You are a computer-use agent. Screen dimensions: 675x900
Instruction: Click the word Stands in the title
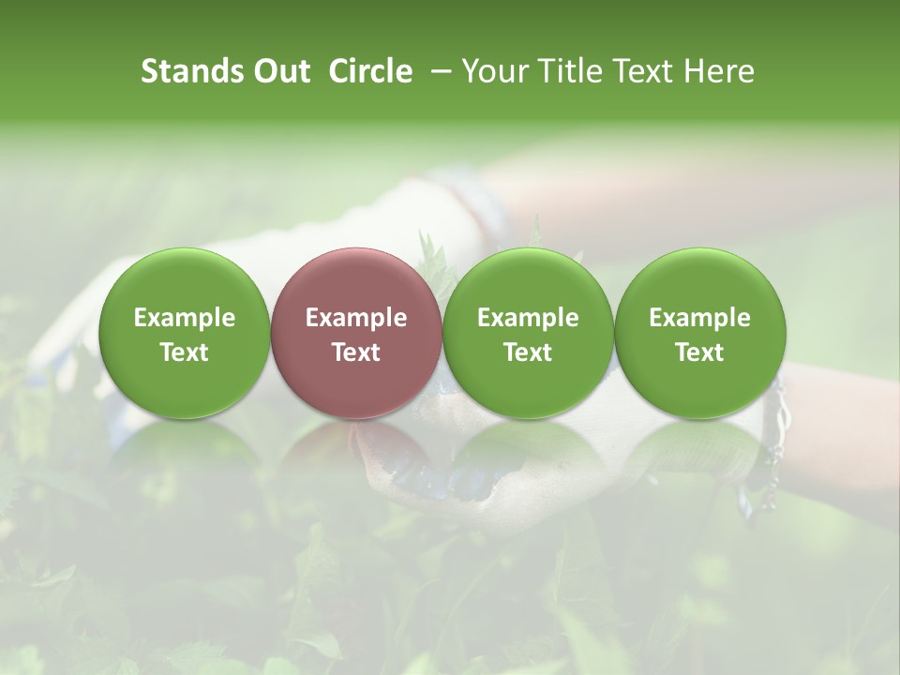tap(193, 71)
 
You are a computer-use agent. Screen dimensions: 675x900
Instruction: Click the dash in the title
tap(438, 71)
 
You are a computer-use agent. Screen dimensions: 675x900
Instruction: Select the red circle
tap(355, 334)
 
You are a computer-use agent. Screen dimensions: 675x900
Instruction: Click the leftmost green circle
tap(184, 334)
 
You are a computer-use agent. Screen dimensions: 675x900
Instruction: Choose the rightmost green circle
tap(699, 334)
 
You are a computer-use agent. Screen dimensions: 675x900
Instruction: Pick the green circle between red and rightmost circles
tap(528, 334)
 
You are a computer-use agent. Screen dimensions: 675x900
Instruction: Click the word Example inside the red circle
tap(355, 318)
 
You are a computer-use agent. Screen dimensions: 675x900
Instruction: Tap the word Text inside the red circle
tap(355, 352)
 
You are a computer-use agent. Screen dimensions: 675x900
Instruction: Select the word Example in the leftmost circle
tap(184, 318)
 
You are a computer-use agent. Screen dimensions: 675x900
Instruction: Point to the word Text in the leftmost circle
tap(184, 352)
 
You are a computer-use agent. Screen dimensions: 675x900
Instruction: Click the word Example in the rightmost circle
tap(699, 318)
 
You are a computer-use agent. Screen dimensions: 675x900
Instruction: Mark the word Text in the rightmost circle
tap(699, 352)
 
